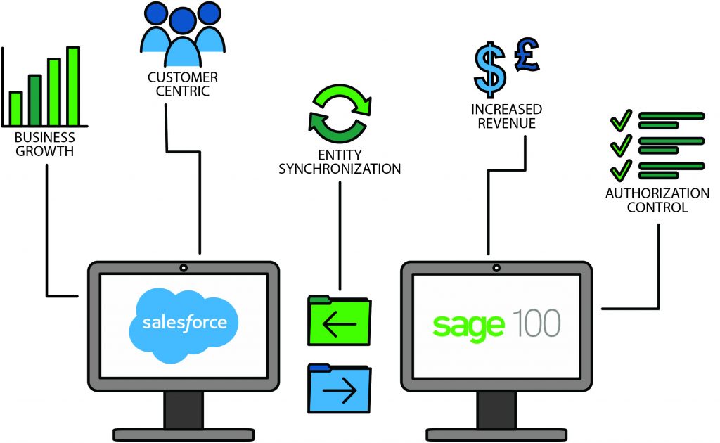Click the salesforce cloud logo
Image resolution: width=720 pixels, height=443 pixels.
(x=184, y=324)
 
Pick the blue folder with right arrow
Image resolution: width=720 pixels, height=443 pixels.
(x=340, y=389)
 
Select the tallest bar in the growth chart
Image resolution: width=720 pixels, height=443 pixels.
(x=73, y=85)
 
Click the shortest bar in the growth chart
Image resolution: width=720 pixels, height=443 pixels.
(x=15, y=108)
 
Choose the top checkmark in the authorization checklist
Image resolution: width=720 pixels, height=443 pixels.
(x=621, y=120)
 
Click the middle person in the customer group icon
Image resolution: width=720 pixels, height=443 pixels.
(x=183, y=39)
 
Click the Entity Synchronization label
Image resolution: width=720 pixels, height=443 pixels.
(x=340, y=161)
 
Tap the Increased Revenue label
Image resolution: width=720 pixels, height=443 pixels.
(x=506, y=117)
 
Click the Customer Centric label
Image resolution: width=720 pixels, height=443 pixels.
(x=183, y=84)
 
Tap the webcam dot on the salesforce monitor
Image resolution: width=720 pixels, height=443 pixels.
(x=184, y=268)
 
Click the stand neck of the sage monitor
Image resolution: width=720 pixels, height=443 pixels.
(x=496, y=409)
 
